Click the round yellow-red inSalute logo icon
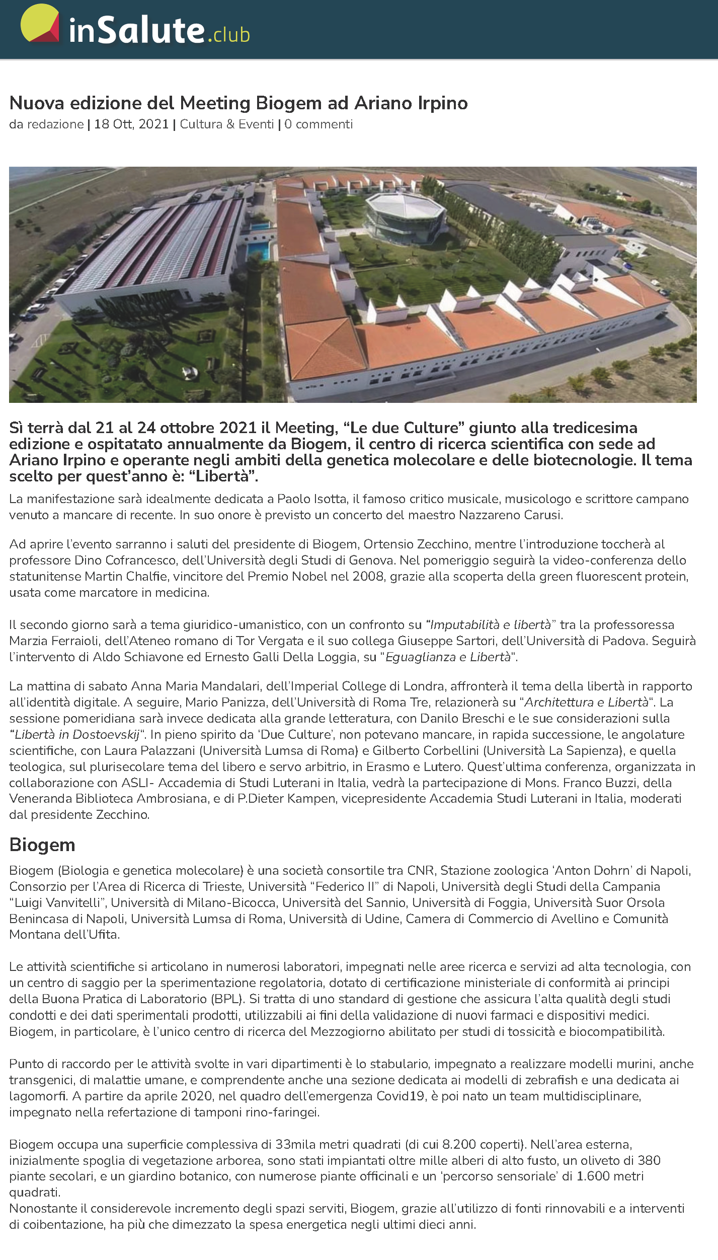(40, 23)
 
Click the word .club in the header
(228, 35)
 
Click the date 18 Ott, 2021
(131, 124)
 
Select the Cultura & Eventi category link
(227, 124)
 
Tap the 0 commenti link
(318, 124)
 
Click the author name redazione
(55, 124)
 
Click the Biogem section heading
(42, 845)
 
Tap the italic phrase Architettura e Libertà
(586, 703)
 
